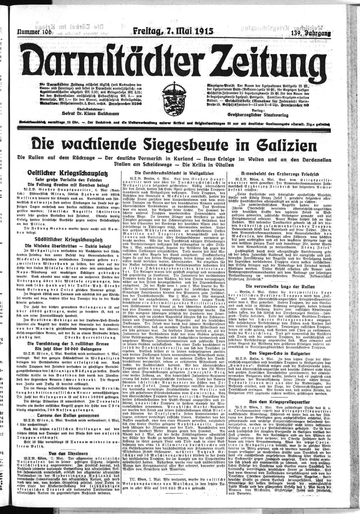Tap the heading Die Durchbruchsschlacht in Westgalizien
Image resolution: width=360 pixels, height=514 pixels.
[179, 172]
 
